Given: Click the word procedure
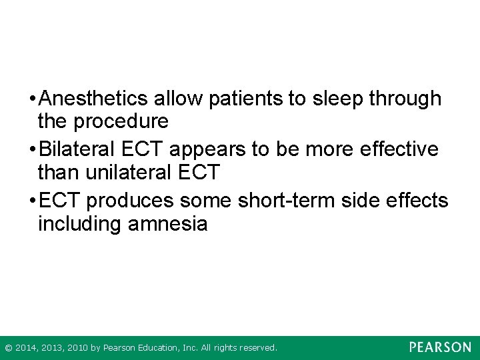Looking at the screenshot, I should tap(121, 121).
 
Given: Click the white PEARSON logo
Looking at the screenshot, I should tap(440, 347).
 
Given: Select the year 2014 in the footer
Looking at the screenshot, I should tap(27, 348).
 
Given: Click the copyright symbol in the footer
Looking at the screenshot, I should tap(8, 348).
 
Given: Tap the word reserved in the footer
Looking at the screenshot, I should tap(257, 348).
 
